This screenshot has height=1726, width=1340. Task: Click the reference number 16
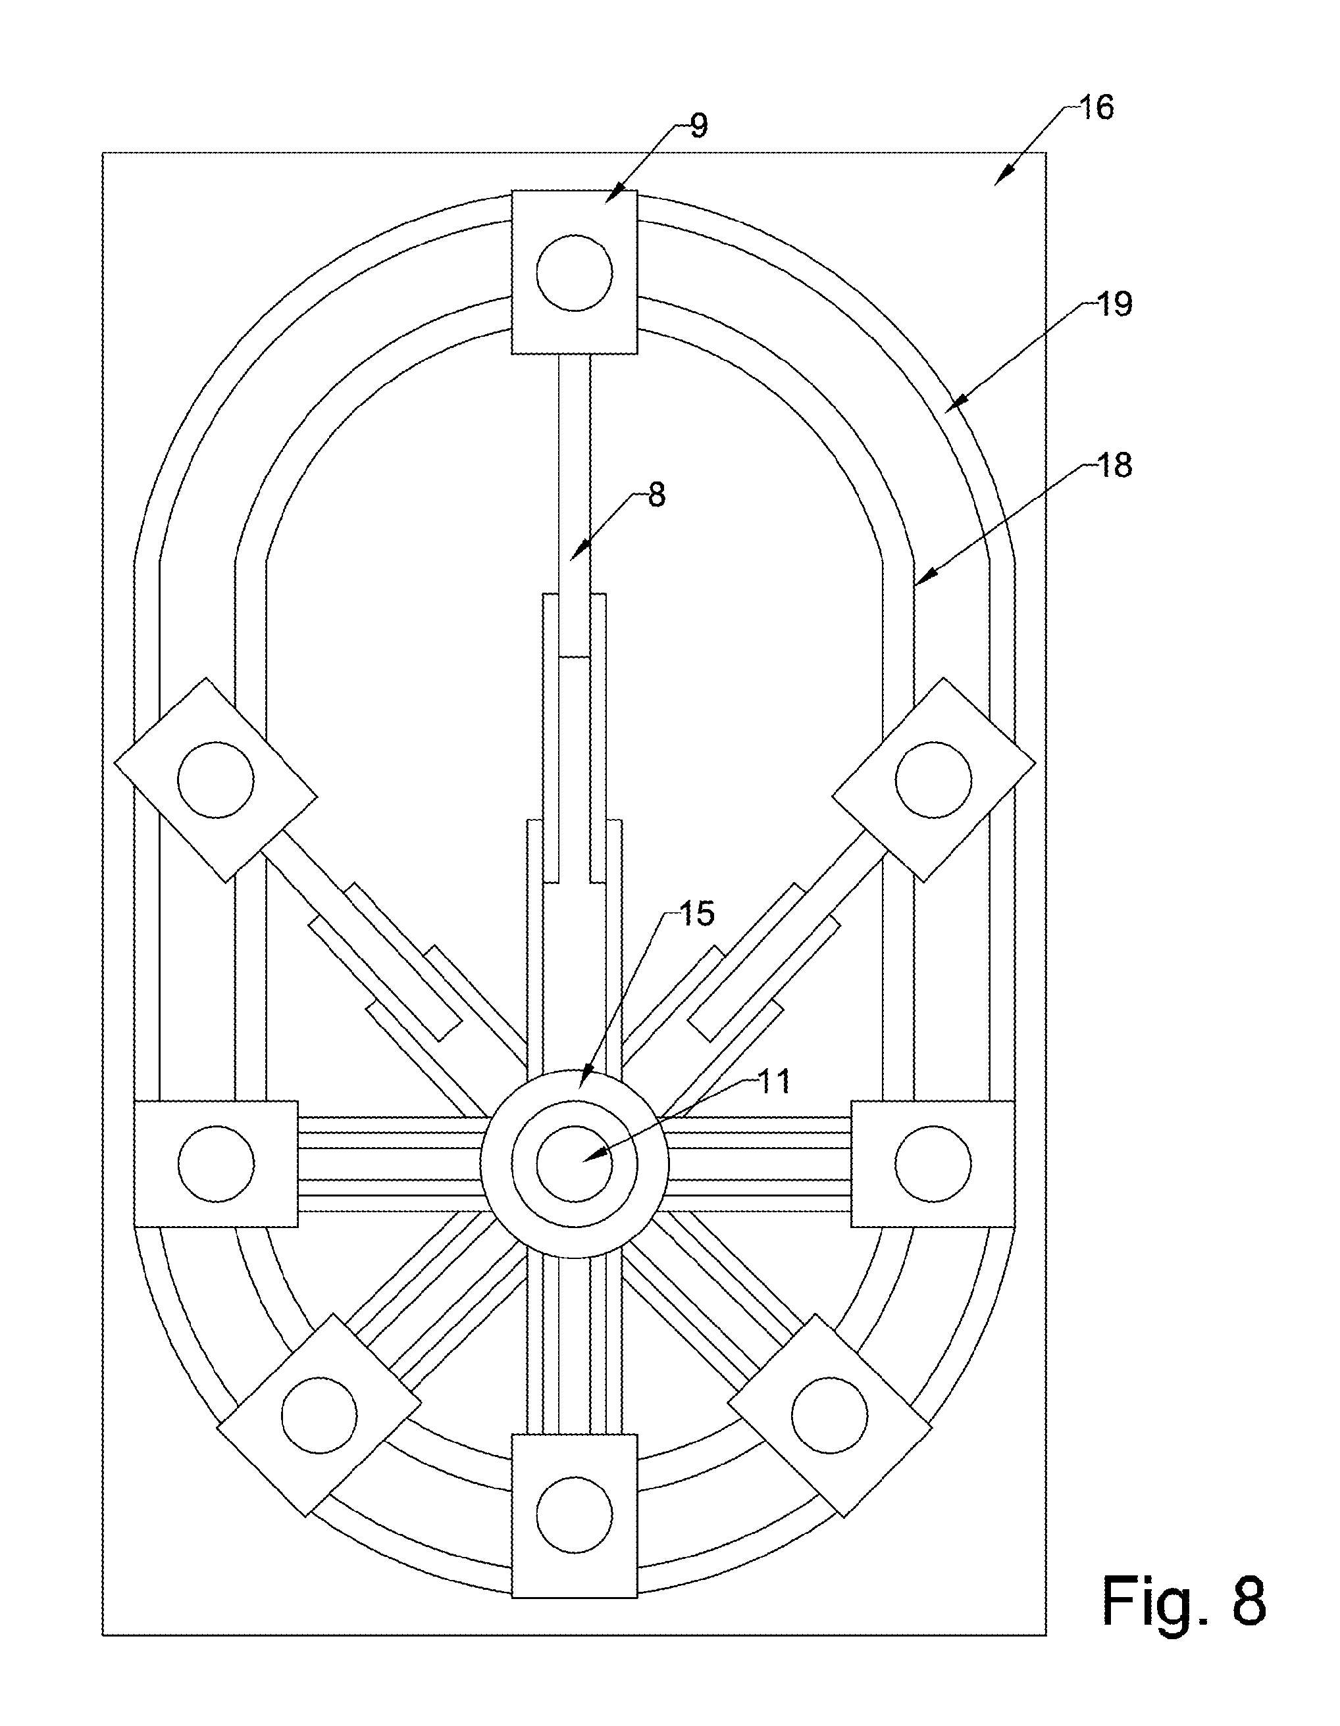[1096, 107]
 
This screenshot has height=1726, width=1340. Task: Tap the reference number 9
[699, 126]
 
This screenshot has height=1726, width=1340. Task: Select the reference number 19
[1116, 305]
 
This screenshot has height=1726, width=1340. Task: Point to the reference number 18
[1116, 466]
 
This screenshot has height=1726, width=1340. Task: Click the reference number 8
[657, 495]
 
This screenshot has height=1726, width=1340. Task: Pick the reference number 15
[696, 914]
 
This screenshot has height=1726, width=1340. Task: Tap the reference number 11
[774, 1082]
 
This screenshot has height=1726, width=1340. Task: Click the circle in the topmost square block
[574, 273]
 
